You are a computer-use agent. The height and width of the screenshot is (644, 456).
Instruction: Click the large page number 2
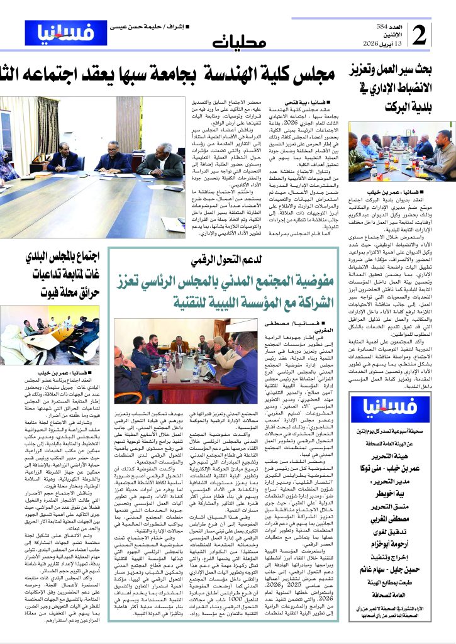click(x=420, y=36)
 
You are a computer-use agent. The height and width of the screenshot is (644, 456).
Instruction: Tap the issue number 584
click(x=389, y=28)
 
